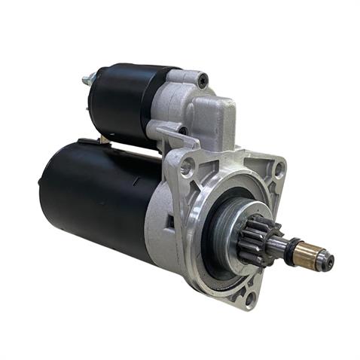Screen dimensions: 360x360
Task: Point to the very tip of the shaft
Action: point(329,262)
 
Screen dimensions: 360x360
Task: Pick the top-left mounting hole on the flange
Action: point(186,166)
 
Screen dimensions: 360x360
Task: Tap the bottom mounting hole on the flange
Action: point(250,297)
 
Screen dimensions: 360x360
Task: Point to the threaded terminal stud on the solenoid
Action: point(87,77)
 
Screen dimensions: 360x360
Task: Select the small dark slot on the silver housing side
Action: point(171,222)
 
